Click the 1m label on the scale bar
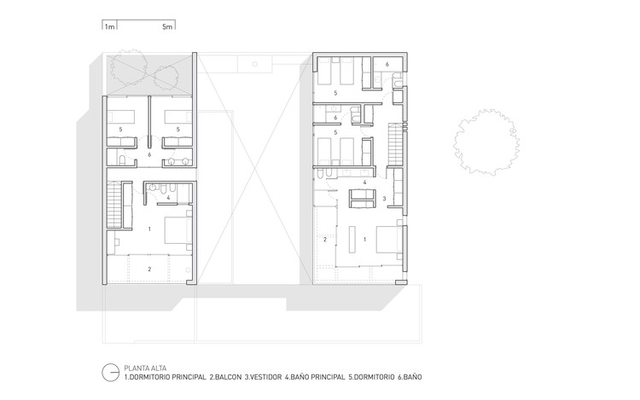[109, 27]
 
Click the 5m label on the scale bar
[167, 27]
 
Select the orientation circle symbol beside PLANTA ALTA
[110, 372]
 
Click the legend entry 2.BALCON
[225, 377]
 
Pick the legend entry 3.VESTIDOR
[264, 377]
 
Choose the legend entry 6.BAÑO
[410, 377]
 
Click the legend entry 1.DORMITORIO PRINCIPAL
[165, 377]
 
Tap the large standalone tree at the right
[486, 142]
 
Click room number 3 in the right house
[384, 199]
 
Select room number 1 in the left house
[149, 229]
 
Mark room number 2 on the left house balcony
[149, 270]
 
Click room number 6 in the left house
[149, 155]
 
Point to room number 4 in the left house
[168, 198]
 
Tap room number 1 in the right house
[364, 240]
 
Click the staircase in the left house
[114, 205]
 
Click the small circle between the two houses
[254, 64]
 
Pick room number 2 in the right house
[325, 240]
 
